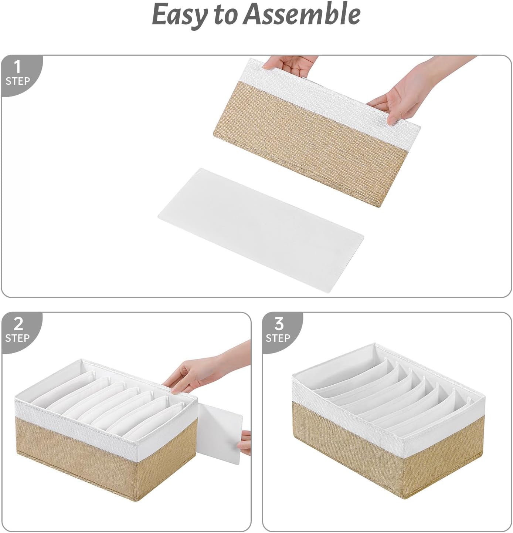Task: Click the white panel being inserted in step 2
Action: click(222, 433)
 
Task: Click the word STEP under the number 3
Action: click(278, 338)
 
